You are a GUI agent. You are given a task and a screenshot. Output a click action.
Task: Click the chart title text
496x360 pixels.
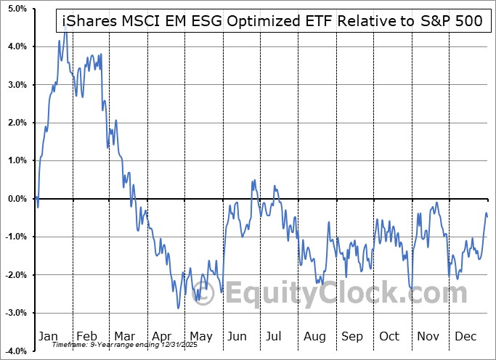(x=268, y=21)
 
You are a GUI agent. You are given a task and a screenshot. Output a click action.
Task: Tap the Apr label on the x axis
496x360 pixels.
(x=163, y=336)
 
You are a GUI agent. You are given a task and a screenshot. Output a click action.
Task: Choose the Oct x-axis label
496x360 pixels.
(x=390, y=336)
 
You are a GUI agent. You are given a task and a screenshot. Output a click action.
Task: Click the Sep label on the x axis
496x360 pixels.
(x=352, y=336)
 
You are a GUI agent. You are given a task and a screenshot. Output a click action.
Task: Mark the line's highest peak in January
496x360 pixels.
(x=65, y=25)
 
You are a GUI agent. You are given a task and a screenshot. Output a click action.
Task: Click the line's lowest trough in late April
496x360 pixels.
(x=179, y=308)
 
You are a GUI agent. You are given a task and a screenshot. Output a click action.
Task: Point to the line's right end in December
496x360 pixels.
(x=487, y=216)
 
